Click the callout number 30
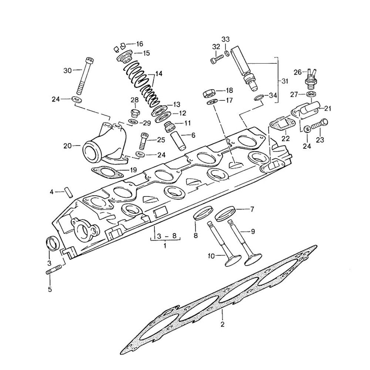pyautogui.click(x=67, y=70)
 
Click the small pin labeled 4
pyautogui.click(x=68, y=193)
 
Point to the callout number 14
pyautogui.click(x=159, y=74)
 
